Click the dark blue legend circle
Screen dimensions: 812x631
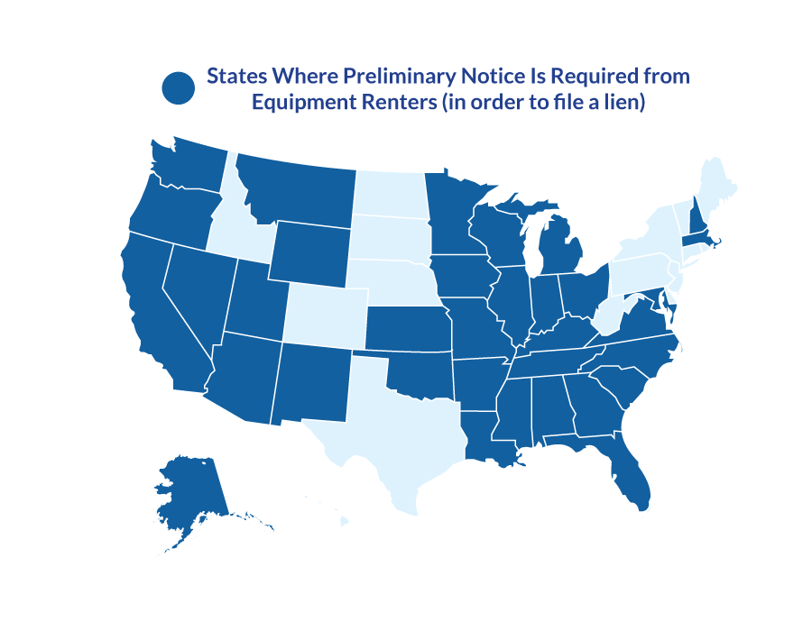pos(179,87)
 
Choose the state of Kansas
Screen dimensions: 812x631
pos(406,329)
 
